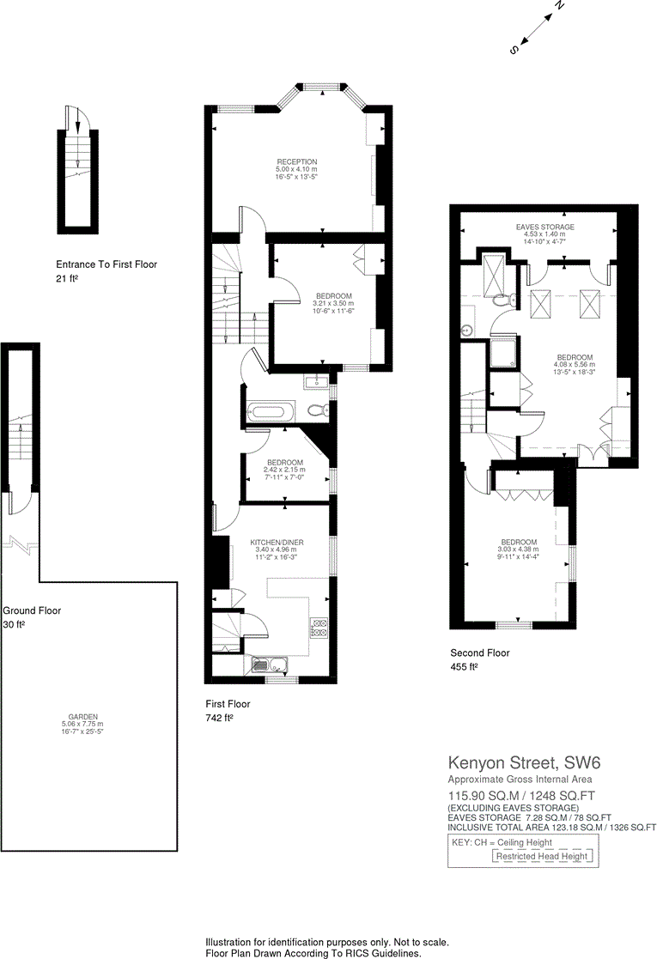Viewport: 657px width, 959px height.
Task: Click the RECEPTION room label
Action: pyautogui.click(x=296, y=161)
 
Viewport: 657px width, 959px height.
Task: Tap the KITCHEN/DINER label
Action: pyautogui.click(x=277, y=543)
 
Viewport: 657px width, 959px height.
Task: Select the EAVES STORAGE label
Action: pyautogui.click(x=544, y=227)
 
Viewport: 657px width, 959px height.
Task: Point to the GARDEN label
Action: pyautogui.click(x=83, y=716)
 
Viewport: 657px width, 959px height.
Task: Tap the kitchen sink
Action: pyautogui.click(x=266, y=663)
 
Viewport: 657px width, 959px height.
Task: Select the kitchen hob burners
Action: pyautogui.click(x=319, y=628)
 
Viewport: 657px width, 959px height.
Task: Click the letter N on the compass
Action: pyautogui.click(x=559, y=6)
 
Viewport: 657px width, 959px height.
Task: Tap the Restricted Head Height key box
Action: pyautogui.click(x=541, y=856)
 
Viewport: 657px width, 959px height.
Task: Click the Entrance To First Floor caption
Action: pyautogui.click(x=106, y=264)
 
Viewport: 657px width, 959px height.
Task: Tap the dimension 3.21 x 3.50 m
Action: pyautogui.click(x=332, y=304)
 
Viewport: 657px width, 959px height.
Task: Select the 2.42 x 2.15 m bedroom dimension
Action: pyautogui.click(x=284, y=470)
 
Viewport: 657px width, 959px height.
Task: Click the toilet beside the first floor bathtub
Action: pyautogui.click(x=315, y=410)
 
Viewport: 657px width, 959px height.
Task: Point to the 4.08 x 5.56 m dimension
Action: pyautogui.click(x=575, y=364)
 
